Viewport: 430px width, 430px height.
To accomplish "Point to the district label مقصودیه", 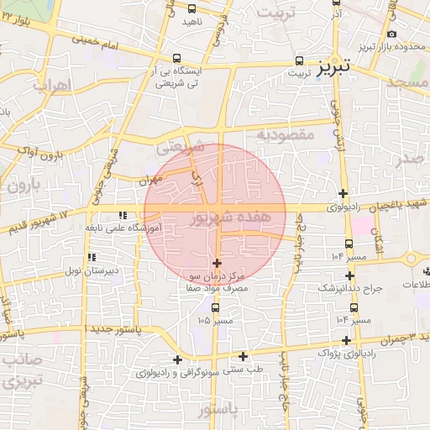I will click(x=285, y=134).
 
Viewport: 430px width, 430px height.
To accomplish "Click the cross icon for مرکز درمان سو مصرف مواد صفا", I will click(x=218, y=264).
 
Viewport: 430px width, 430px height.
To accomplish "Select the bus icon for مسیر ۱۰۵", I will click(x=216, y=307).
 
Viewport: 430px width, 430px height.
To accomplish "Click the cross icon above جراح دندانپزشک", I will click(x=350, y=275).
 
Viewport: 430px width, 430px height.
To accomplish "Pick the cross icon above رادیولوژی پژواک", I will click(x=346, y=340).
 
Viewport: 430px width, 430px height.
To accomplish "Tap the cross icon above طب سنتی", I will click(x=244, y=356).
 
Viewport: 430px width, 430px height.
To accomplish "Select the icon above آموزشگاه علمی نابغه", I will click(x=123, y=216).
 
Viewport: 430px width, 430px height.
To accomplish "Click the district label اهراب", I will click(x=52, y=86).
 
